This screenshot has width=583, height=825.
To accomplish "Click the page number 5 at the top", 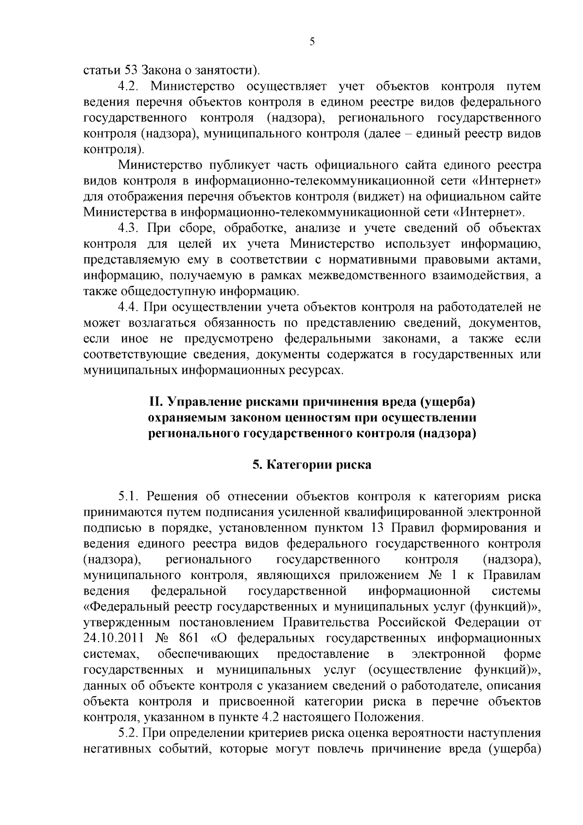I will [312, 42].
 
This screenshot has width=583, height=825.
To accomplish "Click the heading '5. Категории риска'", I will [312, 465].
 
